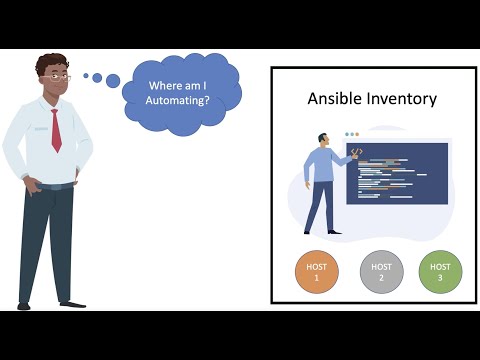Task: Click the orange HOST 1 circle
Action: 317,272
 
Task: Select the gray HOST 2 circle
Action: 381,272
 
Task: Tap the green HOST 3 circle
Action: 440,272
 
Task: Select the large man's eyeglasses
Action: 58,78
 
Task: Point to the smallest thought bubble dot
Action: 86,74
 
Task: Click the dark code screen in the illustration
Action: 397,173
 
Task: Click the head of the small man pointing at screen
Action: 325,140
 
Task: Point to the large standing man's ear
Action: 42,81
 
